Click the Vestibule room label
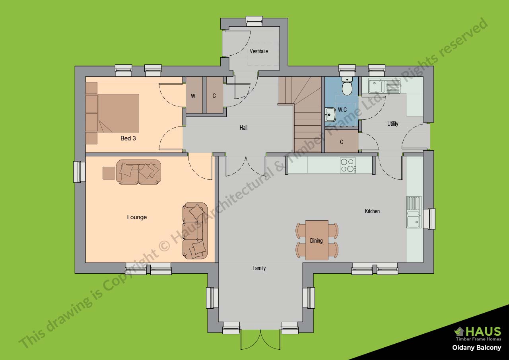258,51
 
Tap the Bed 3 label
128,138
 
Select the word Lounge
137,217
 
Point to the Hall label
243,128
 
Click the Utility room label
392,124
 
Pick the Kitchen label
372,211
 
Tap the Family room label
259,268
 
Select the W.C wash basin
330,115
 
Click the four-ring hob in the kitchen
348,165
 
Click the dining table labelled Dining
317,240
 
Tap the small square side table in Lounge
109,173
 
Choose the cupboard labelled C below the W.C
342,142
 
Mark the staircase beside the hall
306,115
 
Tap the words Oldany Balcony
476,348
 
